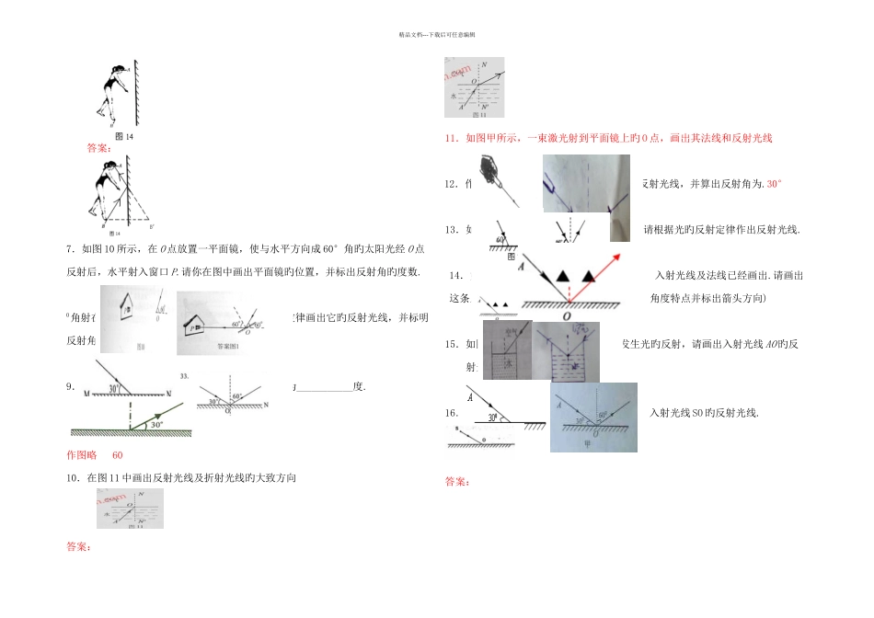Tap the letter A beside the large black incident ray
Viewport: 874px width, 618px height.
click(521, 264)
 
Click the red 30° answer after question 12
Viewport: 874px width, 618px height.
click(775, 184)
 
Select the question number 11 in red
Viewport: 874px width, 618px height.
click(451, 139)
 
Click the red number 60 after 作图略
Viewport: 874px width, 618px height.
click(118, 454)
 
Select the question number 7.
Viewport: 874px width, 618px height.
click(71, 248)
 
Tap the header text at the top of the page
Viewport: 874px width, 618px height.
click(436, 35)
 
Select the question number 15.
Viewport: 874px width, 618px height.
click(451, 344)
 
